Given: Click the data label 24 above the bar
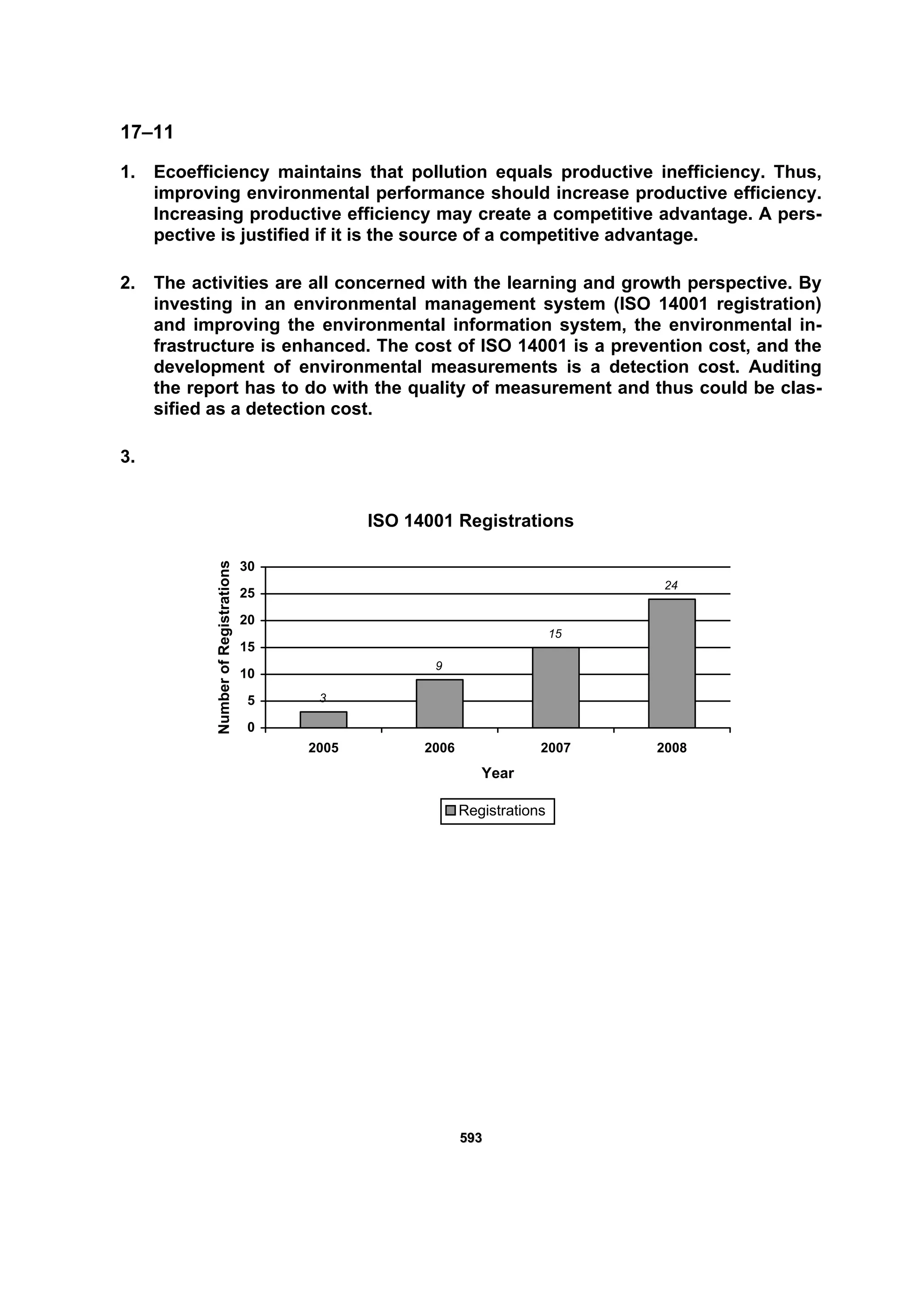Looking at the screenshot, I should pyautogui.click(x=671, y=586).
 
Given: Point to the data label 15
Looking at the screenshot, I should pyautogui.click(x=555, y=634).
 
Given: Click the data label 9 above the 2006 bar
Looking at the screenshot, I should pyautogui.click(x=438, y=667).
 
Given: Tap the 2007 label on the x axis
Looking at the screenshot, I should pyautogui.click(x=555, y=748).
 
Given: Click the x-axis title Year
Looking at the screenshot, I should pyautogui.click(x=497, y=773).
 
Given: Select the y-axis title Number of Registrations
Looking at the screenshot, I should pyautogui.click(x=224, y=647).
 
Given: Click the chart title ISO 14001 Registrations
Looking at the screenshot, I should pyautogui.click(x=470, y=521).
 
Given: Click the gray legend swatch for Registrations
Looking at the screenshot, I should pyautogui.click(x=450, y=811).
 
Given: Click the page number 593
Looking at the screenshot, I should pyautogui.click(x=471, y=1138).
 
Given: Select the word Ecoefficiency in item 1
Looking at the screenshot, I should pyautogui.click(x=211, y=172).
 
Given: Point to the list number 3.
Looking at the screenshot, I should pyautogui.click(x=128, y=457).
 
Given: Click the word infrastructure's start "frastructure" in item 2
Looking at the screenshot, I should pyautogui.click(x=204, y=346).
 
